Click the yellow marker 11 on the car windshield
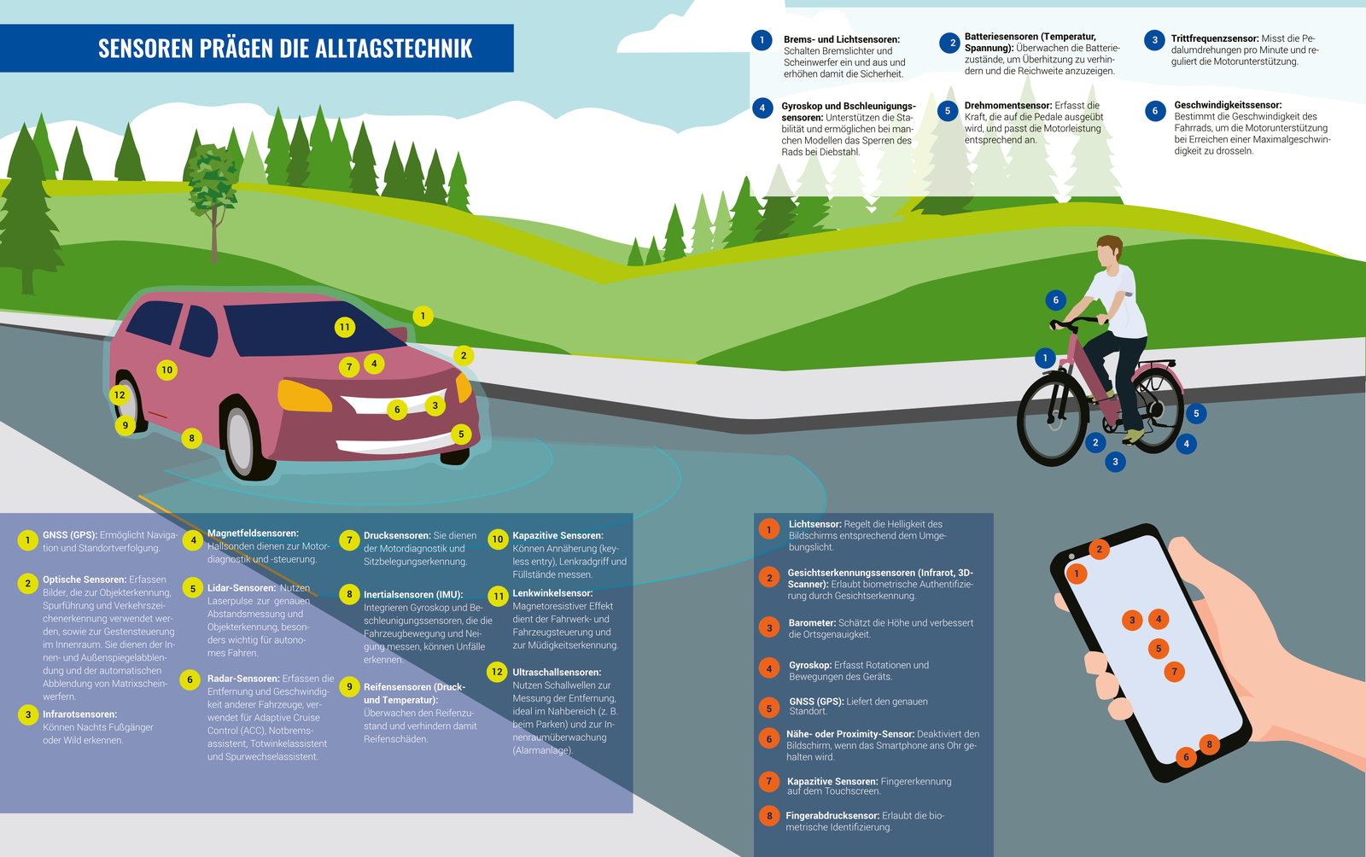(345, 327)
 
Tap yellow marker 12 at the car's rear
(120, 395)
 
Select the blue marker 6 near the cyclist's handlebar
(1056, 300)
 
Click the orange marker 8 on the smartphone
(1209, 744)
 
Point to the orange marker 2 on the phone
(1100, 549)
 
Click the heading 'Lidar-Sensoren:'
(242, 588)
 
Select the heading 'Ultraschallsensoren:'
(557, 673)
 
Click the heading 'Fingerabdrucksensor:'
(832, 816)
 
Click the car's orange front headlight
(304, 395)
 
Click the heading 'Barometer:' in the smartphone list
(812, 623)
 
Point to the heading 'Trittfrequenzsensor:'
(1215, 39)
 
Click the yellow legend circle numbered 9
(349, 687)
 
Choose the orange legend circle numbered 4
(769, 668)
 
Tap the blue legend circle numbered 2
(949, 44)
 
